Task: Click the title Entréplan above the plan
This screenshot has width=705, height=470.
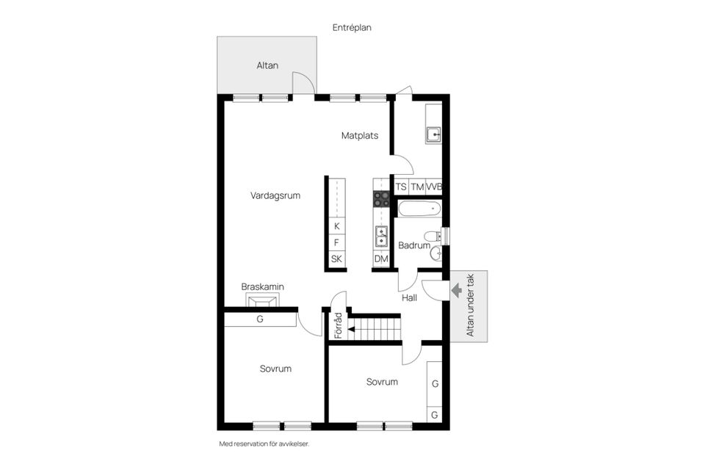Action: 352,26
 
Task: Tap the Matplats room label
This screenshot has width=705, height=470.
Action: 360,135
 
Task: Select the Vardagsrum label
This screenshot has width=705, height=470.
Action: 275,195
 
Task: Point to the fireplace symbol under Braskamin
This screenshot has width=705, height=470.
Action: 262,301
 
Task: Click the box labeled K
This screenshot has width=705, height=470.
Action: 336,226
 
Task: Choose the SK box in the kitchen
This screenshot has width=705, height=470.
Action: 336,259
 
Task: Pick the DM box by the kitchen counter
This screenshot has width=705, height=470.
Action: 381,259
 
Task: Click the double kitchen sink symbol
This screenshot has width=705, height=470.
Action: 381,236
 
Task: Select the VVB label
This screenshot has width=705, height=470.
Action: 434,187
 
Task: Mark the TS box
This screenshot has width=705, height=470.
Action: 401,187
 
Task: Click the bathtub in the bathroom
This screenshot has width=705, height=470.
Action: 419,209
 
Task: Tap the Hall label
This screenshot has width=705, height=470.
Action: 409,298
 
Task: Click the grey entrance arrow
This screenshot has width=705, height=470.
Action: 456,291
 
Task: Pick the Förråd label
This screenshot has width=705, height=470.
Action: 339,326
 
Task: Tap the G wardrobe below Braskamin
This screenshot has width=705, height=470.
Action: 260,319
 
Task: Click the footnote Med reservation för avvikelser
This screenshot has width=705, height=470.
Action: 264,444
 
